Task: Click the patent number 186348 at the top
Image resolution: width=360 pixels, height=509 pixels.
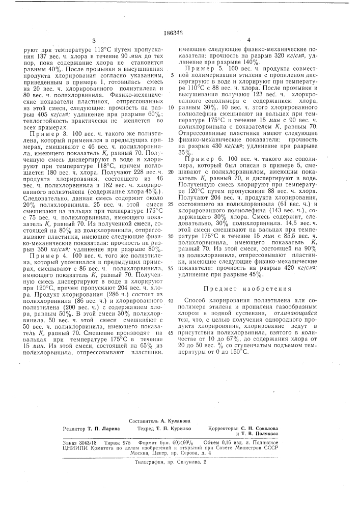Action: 180,32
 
